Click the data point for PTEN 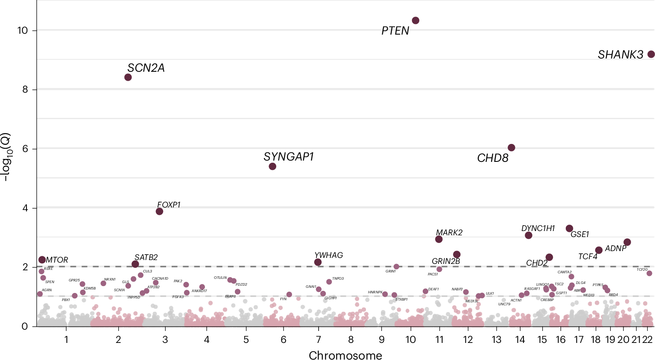pyautogui.click(x=415, y=20)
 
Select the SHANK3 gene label pyautogui.click(x=620, y=55)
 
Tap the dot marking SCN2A pyautogui.click(x=128, y=77)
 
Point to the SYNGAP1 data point pyautogui.click(x=272, y=166)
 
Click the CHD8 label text pyautogui.click(x=493, y=158)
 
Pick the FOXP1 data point pyautogui.click(x=160, y=211)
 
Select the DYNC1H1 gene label pyautogui.click(x=538, y=228)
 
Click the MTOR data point pyautogui.click(x=42, y=260)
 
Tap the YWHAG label pyautogui.click(x=328, y=255)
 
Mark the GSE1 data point pyautogui.click(x=569, y=228)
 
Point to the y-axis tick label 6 pyautogui.click(x=25, y=149)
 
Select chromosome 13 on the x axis pyautogui.click(x=496, y=340)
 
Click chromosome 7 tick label pyautogui.click(x=319, y=340)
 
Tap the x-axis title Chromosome pyautogui.click(x=345, y=355)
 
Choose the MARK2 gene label pyautogui.click(x=449, y=233)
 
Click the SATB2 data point pyautogui.click(x=135, y=264)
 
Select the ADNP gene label pyautogui.click(x=615, y=249)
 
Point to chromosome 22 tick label pyautogui.click(x=647, y=340)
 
